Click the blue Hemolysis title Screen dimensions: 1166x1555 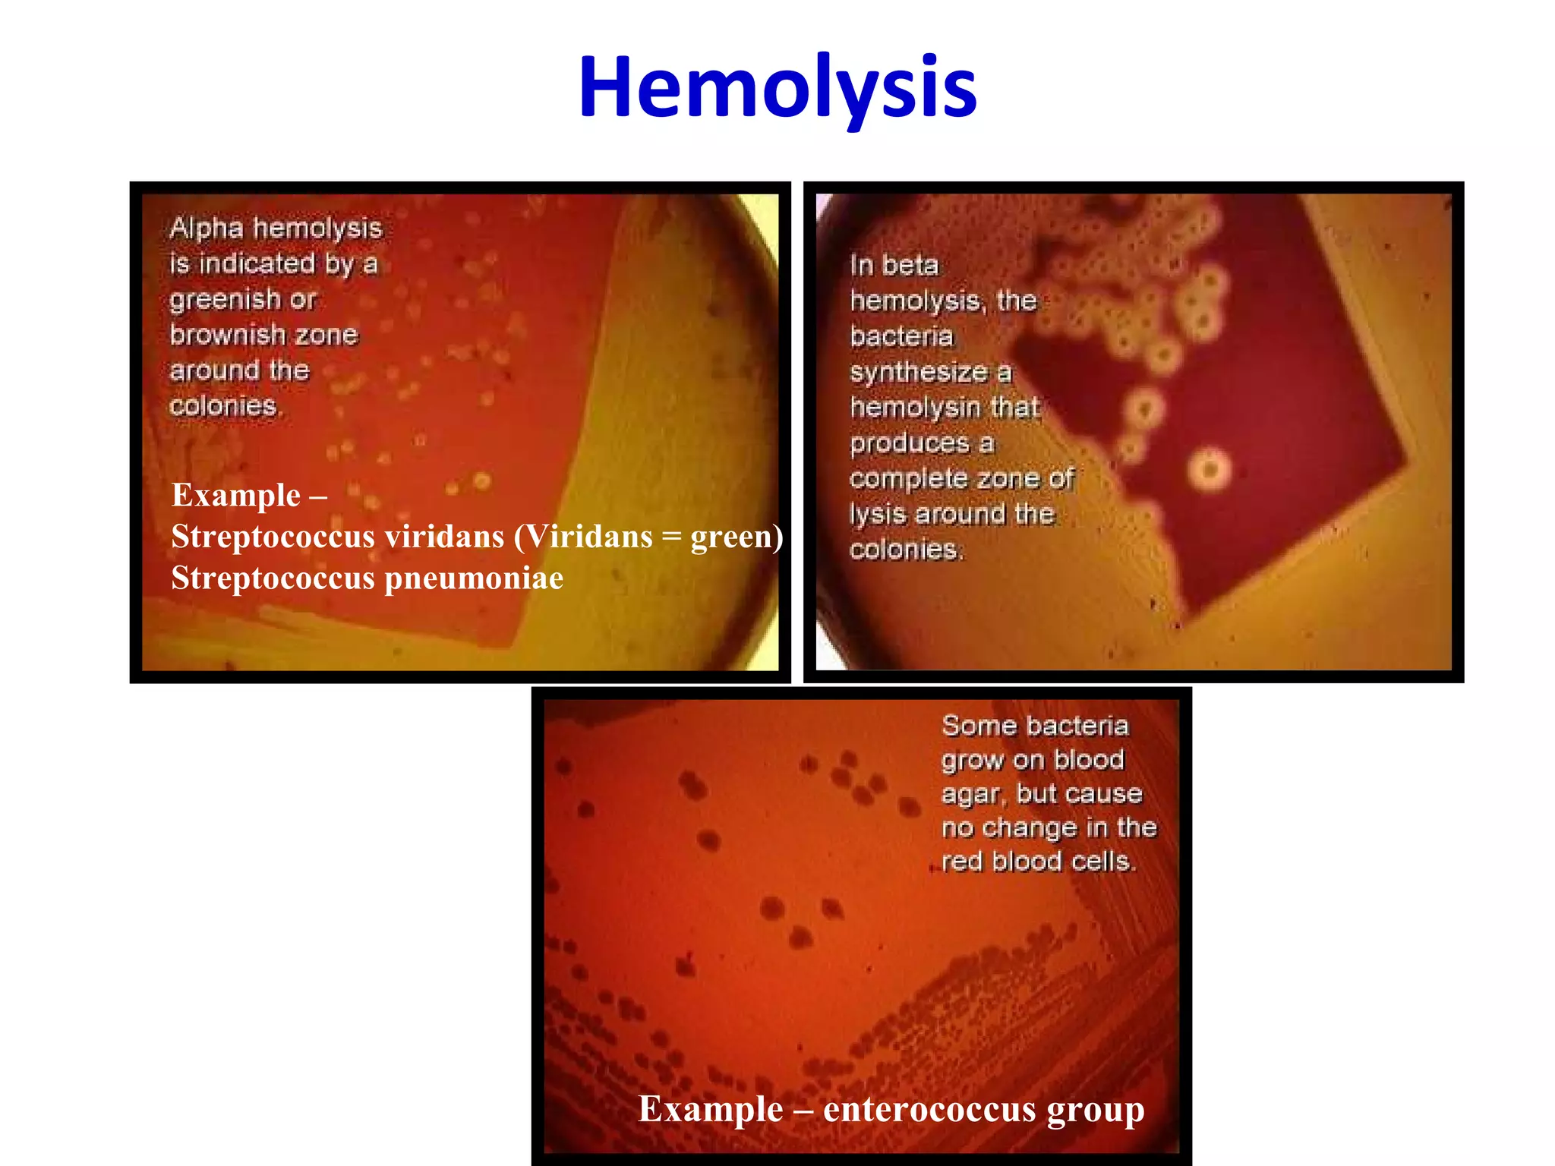[x=777, y=87]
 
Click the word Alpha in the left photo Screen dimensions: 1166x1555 [x=207, y=228]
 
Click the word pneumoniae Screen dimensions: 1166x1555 [x=474, y=578]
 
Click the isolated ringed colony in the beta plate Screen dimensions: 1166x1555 [x=1210, y=468]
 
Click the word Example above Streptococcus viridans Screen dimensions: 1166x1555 [x=236, y=495]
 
